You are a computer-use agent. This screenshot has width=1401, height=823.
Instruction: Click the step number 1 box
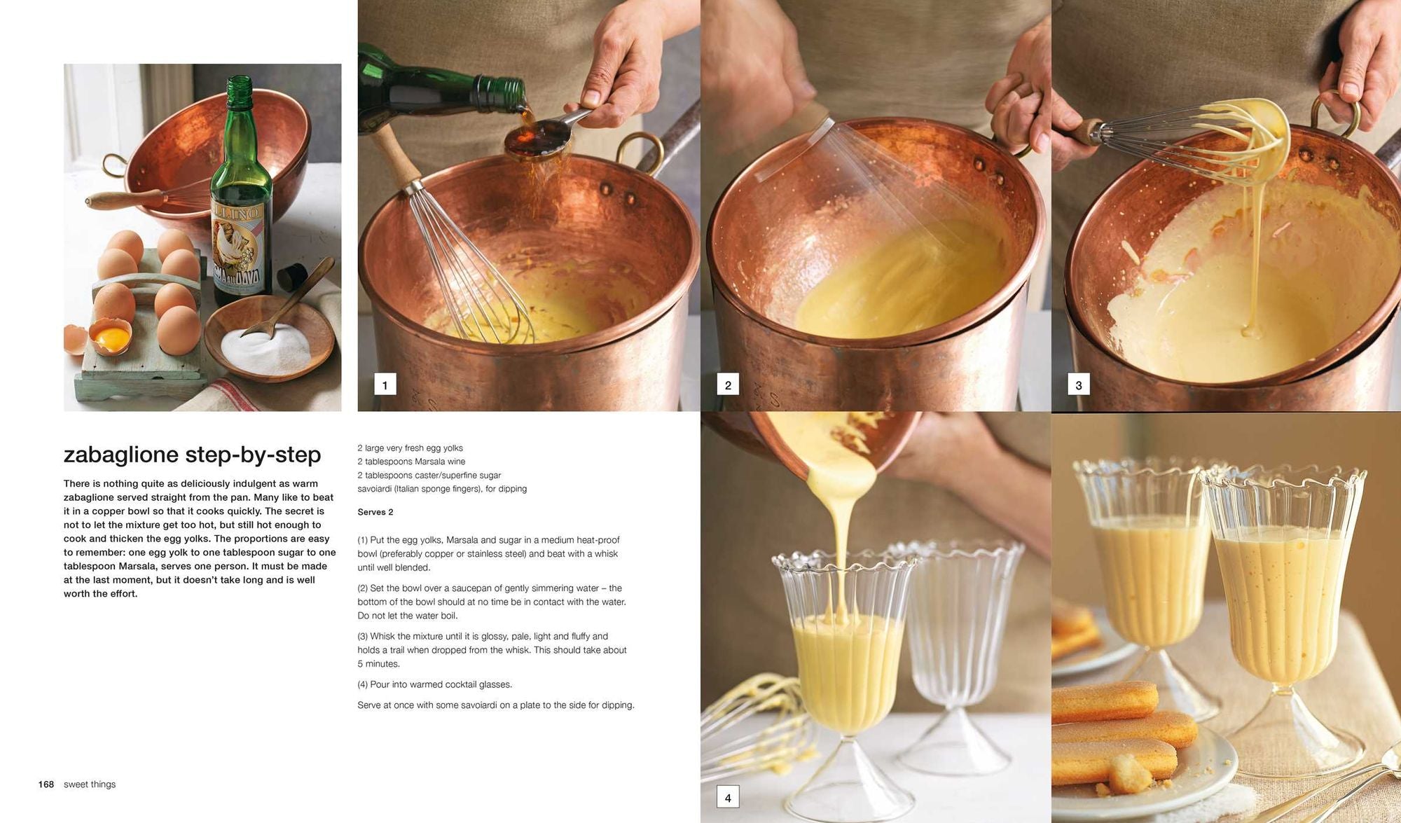coord(385,385)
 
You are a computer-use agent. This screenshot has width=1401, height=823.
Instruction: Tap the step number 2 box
coord(728,385)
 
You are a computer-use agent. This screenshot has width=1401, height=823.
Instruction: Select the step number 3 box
coord(1078,385)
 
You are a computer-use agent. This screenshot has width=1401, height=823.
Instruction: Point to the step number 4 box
coord(728,797)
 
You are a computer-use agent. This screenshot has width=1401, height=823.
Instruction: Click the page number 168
coord(46,784)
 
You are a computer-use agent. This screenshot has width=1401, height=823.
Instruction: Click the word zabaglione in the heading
coord(120,455)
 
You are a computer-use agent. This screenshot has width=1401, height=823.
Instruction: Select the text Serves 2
coord(375,512)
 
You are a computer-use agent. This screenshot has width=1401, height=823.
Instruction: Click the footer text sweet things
coord(90,784)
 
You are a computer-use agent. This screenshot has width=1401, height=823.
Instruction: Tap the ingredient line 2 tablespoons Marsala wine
coord(411,462)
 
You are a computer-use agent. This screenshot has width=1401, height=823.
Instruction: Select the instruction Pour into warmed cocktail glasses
coord(434,684)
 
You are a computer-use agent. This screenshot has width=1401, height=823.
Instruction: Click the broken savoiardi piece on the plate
coord(1133,774)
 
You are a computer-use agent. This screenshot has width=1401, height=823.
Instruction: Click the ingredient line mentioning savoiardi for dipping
coord(442,489)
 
